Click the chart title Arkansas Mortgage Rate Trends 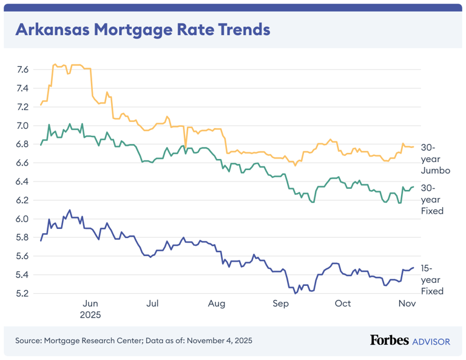142,29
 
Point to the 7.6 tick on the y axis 22,70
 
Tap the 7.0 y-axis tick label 22,126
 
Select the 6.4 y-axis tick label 22,182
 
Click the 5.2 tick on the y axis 22,293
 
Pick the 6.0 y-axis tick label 22,219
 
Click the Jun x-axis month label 90,304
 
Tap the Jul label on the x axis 153,304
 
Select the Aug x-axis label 216,304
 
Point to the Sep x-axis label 280,304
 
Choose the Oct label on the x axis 343,304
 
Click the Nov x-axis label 406,304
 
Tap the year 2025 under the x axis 90,315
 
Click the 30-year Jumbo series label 435,159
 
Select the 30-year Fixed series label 432,199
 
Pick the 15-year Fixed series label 432,279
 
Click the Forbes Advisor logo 410,341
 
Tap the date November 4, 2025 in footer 219,341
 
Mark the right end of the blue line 414,268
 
